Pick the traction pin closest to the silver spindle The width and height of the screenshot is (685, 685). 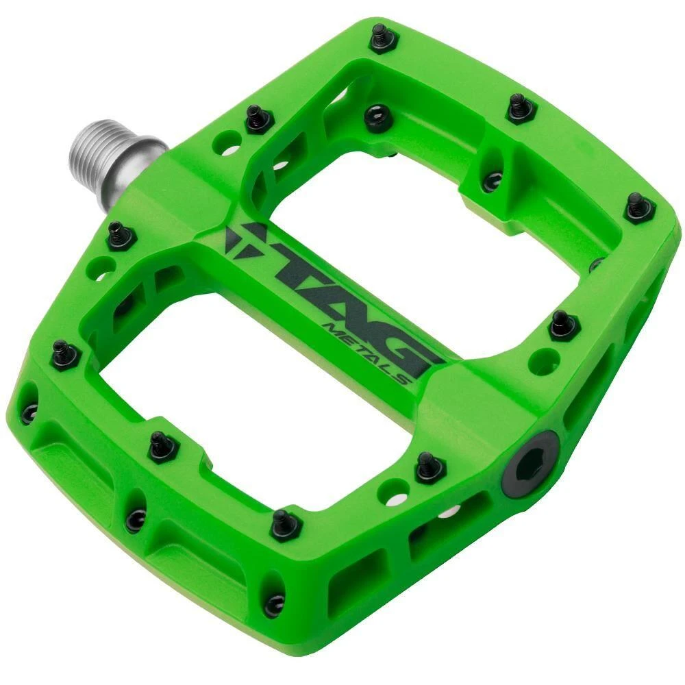pyautogui.click(x=258, y=119)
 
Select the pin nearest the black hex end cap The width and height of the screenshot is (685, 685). pyautogui.click(x=429, y=467)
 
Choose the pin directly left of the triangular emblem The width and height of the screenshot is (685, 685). pyautogui.click(x=121, y=236)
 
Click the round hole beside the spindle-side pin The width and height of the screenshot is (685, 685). pyautogui.click(x=225, y=143)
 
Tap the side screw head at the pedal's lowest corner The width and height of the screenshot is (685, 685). pyautogui.click(x=275, y=603)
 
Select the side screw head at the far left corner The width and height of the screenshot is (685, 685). pyautogui.click(x=29, y=412)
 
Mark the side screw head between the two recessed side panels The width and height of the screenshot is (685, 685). pyautogui.click(x=135, y=520)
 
